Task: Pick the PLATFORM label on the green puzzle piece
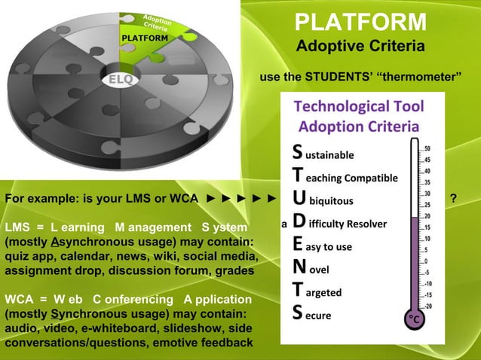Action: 145,38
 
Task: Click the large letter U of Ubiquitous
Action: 299,200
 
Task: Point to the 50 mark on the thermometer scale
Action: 427,148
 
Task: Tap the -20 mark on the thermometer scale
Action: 427,306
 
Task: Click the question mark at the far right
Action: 452,199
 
